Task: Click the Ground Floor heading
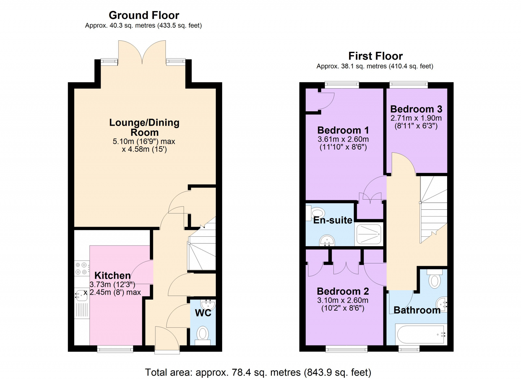144,15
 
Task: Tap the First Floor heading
375,56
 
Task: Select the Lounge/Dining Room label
144,127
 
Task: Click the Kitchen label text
112,275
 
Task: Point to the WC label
203,313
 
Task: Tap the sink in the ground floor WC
208,305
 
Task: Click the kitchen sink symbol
80,295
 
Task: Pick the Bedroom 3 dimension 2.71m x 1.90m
416,118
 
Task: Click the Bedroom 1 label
343,130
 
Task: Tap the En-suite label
332,220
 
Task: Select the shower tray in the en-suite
369,234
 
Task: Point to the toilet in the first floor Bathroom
434,279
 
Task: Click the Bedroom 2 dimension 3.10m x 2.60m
343,300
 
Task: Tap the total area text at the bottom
258,372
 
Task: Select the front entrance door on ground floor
167,340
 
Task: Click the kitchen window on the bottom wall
115,349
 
